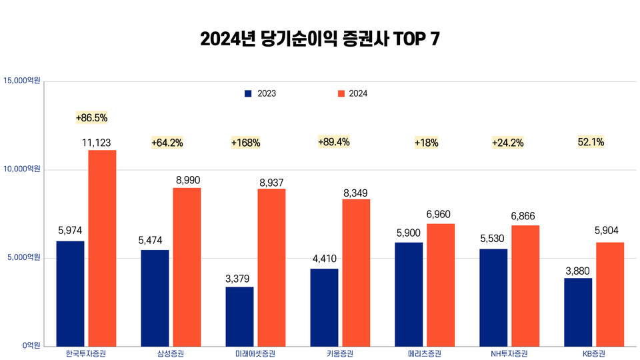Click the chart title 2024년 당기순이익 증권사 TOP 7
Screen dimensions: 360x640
320,39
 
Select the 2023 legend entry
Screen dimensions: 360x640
260,94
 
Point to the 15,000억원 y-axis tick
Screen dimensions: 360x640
22,81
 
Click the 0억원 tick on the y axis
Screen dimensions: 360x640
31,345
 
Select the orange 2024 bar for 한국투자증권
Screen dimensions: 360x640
102,247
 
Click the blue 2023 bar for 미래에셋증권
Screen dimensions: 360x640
239,316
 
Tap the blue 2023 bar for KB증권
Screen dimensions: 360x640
578,311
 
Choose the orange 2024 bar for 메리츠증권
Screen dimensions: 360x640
441,284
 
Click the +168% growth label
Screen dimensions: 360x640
245,143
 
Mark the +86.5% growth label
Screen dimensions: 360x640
91,118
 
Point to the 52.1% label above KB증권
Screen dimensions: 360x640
591,142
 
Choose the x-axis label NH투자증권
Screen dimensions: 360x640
509,353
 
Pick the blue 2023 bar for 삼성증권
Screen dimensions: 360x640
155,297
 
